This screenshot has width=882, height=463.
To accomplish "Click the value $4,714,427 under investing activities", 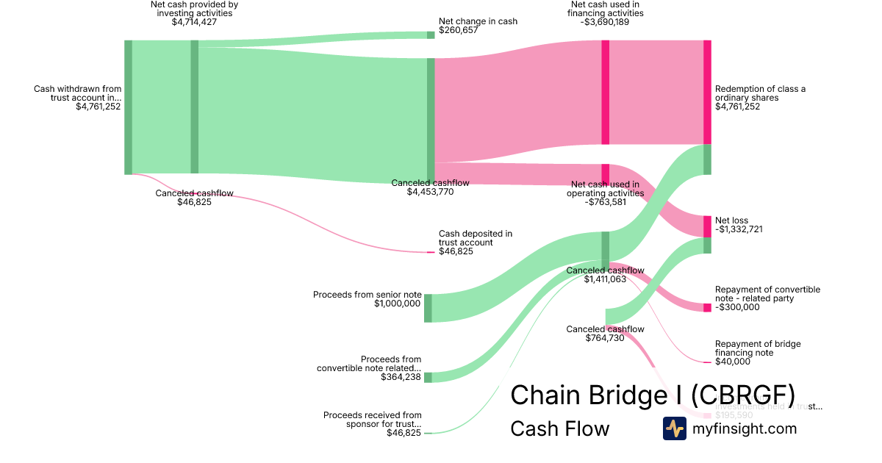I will click(x=194, y=22).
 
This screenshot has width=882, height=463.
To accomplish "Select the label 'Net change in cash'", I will click(x=478, y=21).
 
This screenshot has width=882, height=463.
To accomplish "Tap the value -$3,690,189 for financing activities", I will click(x=605, y=22).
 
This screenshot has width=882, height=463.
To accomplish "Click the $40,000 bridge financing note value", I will click(x=733, y=362).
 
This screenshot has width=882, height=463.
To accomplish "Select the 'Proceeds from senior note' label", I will click(x=367, y=295).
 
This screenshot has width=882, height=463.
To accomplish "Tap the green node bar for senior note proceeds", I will click(x=428, y=308).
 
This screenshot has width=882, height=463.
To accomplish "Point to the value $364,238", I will click(x=401, y=377).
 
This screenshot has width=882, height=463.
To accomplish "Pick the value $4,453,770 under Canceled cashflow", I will click(x=430, y=192).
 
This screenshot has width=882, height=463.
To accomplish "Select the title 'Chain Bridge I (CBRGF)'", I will click(x=652, y=395).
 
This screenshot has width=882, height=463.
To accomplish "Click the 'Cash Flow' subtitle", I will click(x=559, y=428).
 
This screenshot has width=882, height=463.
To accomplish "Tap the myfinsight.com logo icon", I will click(x=674, y=428).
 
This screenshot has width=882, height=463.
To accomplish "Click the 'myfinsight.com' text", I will click(x=745, y=428).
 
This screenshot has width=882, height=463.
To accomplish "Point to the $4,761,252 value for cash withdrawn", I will click(x=98, y=107).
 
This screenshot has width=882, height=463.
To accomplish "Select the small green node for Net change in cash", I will click(x=431, y=35).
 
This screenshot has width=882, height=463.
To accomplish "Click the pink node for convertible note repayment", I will click(x=707, y=307).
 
